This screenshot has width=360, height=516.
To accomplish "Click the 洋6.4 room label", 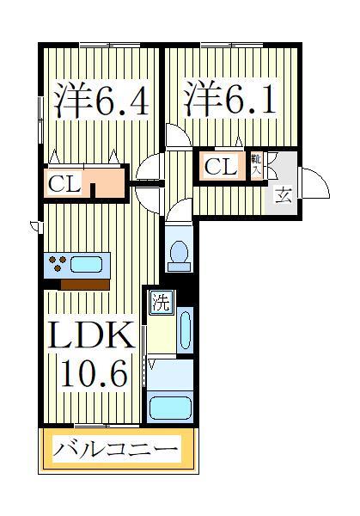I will [x=101, y=101].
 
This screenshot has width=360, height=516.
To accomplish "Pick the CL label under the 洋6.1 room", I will [x=220, y=167].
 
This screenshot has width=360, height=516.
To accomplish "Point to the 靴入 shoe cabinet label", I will [x=257, y=164].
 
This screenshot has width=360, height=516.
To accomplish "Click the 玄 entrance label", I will [x=283, y=194].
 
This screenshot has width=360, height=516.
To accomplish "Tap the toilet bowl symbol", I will [x=180, y=250].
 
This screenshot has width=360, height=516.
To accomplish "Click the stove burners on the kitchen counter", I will [x=58, y=264].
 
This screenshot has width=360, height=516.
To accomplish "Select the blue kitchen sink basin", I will [x=87, y=264].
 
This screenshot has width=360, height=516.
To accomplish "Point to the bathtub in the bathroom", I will [x=171, y=404].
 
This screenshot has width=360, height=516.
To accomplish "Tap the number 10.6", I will [x=94, y=374].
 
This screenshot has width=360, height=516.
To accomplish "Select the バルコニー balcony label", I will [x=117, y=448].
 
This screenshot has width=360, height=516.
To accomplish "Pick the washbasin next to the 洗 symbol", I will [x=186, y=332].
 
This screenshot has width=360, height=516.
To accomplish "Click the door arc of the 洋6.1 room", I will [x=177, y=136].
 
